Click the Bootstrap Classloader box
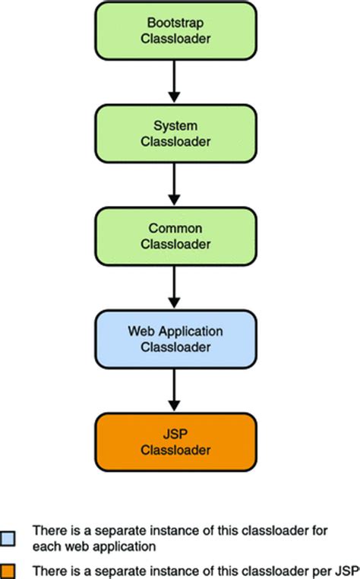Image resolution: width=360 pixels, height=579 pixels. tap(174, 32)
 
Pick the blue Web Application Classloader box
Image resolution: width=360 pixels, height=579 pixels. tap(174, 340)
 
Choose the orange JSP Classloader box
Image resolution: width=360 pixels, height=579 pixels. tap(174, 443)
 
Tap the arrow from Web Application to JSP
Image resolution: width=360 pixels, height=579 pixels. tap(174, 391)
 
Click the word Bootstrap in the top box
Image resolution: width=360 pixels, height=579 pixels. tap(174, 25)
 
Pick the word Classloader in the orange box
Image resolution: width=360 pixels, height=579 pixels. tap(174, 451)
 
